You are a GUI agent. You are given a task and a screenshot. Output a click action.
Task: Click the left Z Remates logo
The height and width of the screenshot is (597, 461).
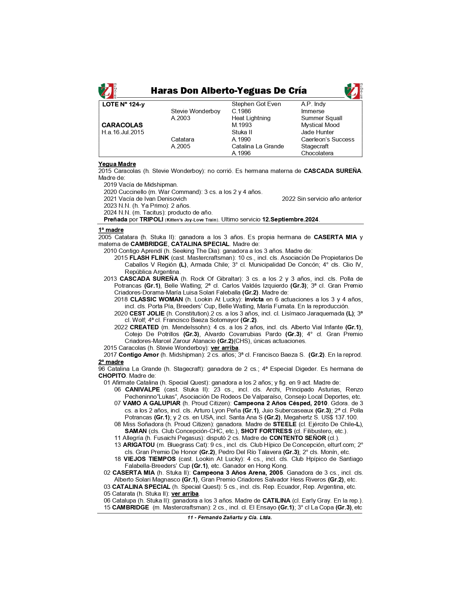107,91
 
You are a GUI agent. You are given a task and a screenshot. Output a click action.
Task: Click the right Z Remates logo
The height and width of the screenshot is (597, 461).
354,91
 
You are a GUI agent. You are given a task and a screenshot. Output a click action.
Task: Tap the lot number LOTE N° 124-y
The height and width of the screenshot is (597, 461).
123,105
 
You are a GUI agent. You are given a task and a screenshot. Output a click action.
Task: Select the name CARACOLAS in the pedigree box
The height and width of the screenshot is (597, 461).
122,125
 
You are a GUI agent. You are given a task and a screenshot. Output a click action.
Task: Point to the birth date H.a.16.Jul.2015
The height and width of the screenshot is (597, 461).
123,132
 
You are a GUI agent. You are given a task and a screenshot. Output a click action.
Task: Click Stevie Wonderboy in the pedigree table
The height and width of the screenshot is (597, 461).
196,111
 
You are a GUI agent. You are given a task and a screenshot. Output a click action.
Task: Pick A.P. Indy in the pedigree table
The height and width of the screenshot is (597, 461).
313,104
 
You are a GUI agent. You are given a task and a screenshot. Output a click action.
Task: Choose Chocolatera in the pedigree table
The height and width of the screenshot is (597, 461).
317,153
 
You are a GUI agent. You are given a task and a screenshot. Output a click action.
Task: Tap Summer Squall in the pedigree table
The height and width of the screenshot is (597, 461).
321,118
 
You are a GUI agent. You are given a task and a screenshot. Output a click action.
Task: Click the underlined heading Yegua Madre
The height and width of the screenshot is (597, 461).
117,164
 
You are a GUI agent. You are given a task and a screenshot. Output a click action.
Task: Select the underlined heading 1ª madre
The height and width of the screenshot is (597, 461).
111,230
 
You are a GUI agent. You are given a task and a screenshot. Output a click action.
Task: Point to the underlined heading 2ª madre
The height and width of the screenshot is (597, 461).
111,362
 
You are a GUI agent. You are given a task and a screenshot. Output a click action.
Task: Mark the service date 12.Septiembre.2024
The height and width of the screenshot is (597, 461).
291,220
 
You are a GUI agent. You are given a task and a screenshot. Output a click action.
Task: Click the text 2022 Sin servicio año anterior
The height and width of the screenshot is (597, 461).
321,199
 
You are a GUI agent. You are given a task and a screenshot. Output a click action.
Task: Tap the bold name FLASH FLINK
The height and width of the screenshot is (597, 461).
149,258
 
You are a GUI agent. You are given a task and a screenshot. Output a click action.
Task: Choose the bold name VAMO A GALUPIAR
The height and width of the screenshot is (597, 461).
151,403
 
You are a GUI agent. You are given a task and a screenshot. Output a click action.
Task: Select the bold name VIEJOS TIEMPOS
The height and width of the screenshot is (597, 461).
149,459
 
